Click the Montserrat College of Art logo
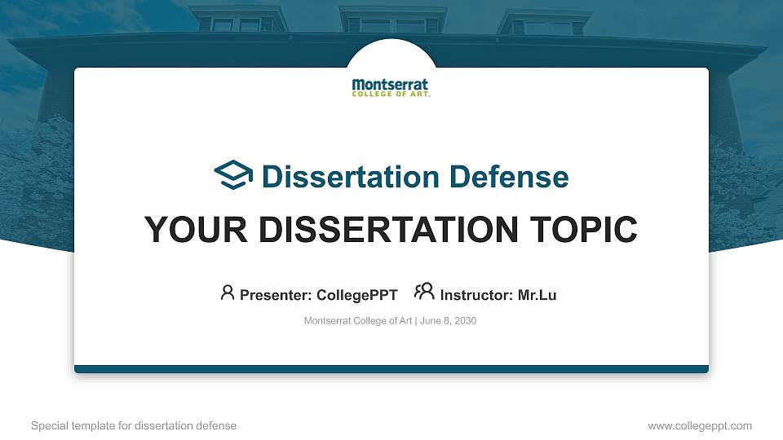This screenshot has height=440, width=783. pyautogui.click(x=391, y=87)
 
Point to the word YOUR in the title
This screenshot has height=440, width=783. pyautogui.click(x=188, y=230)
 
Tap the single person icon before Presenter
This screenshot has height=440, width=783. pyautogui.click(x=228, y=293)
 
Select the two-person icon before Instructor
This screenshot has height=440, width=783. pyautogui.click(x=424, y=292)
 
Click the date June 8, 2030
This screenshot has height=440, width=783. pyautogui.click(x=448, y=321)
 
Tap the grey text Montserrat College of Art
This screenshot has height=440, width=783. pyautogui.click(x=358, y=321)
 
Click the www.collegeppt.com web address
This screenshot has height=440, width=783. pyautogui.click(x=700, y=425)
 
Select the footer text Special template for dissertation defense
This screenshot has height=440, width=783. pyautogui.click(x=134, y=425)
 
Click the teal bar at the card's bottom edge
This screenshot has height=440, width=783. pyautogui.click(x=391, y=369)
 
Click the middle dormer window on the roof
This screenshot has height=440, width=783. pyautogui.click(x=392, y=23)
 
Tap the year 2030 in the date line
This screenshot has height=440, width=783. pyautogui.click(x=464, y=321)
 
